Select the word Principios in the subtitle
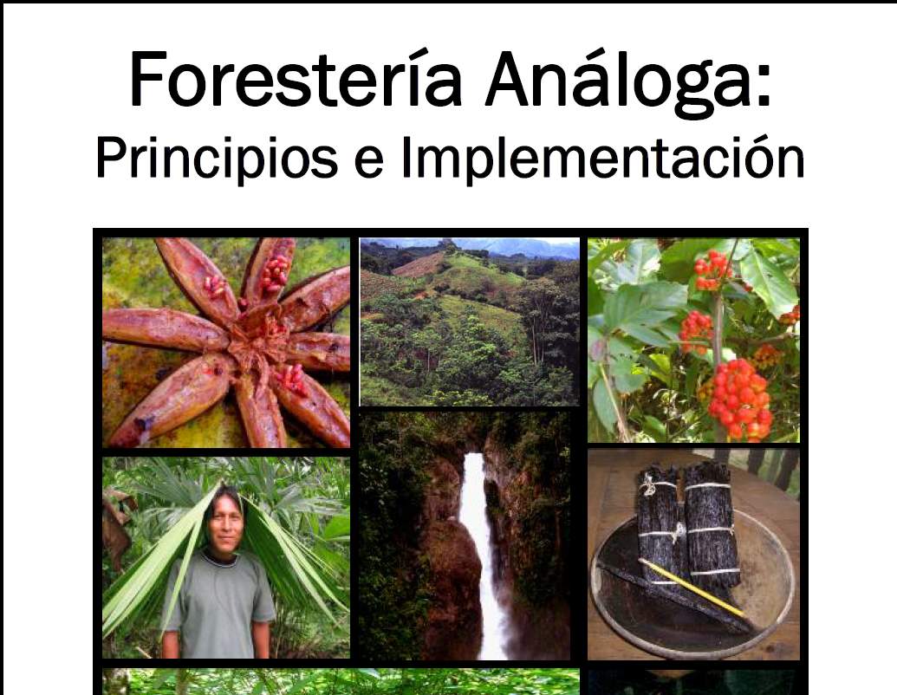click(217, 157)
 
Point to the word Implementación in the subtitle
click(603, 157)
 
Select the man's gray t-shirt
click(218, 607)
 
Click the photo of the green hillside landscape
click(470, 322)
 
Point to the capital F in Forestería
click(146, 80)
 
